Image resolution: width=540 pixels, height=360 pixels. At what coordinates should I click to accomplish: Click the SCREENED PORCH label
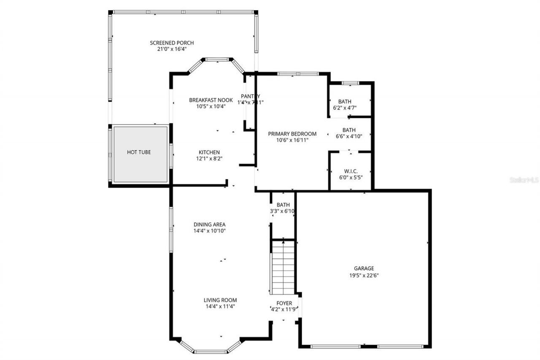172,43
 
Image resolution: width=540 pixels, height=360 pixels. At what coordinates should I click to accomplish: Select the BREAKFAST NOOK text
211,100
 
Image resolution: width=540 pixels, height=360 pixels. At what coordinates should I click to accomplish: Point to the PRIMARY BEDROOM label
292,134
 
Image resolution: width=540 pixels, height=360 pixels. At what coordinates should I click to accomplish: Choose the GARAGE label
364,268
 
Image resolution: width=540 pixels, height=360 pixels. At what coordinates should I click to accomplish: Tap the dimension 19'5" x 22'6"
364,275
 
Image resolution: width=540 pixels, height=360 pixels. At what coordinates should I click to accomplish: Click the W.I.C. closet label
351,171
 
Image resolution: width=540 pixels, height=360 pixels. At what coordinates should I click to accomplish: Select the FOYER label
284,303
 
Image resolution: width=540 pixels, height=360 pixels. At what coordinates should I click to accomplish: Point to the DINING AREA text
210,225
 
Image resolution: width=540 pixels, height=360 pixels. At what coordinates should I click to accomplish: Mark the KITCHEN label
209,152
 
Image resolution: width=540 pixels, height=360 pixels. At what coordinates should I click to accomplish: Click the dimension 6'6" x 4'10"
349,136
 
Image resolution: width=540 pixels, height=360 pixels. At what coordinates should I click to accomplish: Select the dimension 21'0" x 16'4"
172,49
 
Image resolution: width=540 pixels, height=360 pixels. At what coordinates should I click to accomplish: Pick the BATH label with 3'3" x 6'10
283,205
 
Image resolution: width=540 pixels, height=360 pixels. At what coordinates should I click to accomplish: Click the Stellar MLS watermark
524,180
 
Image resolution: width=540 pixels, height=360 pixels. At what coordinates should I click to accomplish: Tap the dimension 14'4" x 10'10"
210,231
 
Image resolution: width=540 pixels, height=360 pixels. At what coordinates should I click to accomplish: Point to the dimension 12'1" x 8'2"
209,159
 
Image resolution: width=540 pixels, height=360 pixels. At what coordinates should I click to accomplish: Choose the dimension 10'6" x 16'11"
292,140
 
